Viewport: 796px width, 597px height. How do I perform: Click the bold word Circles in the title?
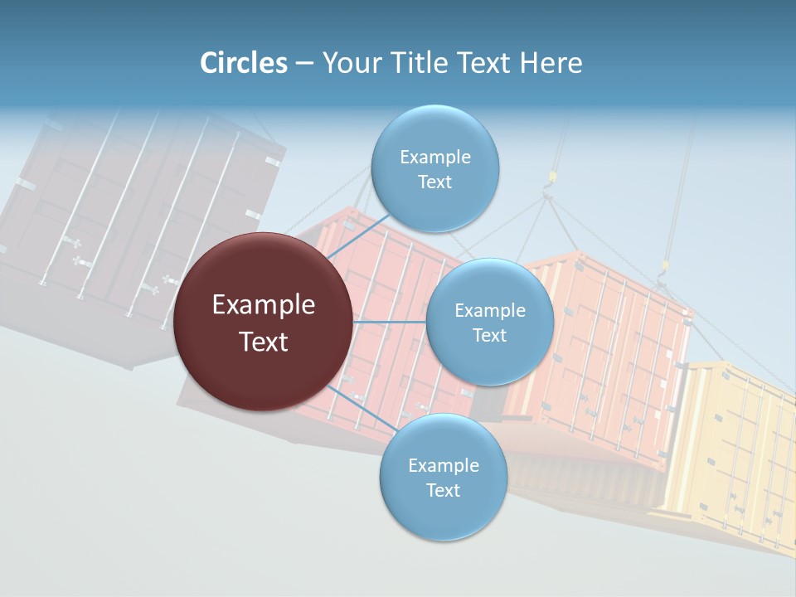(x=244, y=63)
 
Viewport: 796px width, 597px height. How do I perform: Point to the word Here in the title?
(x=551, y=63)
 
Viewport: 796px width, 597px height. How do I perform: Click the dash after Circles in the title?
(x=304, y=64)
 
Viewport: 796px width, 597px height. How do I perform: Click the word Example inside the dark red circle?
(x=264, y=305)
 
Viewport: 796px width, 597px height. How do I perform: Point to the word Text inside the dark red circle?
(x=264, y=342)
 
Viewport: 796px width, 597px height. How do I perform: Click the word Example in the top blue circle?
(x=434, y=158)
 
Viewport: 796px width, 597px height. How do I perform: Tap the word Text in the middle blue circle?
(x=489, y=336)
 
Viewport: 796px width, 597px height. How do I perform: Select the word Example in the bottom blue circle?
(x=443, y=466)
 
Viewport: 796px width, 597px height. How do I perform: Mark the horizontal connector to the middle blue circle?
(x=390, y=322)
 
